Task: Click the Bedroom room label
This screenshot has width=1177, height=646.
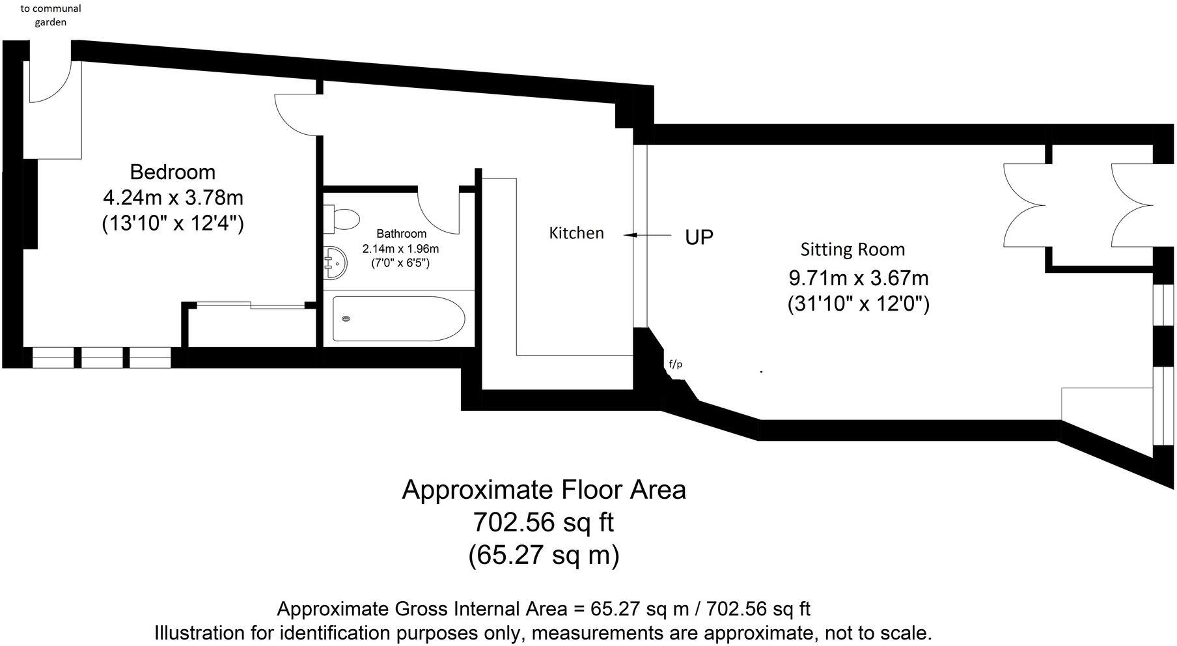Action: click(x=173, y=172)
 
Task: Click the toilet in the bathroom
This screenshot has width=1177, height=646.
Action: click(x=342, y=219)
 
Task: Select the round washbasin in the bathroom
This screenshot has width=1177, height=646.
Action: click(x=335, y=262)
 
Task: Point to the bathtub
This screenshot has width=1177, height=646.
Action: click(x=398, y=318)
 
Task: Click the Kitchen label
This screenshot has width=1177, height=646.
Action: click(x=576, y=233)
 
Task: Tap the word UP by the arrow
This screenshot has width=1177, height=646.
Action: click(x=699, y=237)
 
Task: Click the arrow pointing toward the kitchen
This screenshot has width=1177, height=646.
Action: click(x=647, y=235)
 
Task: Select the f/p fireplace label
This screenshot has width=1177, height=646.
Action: click(x=676, y=364)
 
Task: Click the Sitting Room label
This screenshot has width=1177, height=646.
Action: click(x=852, y=249)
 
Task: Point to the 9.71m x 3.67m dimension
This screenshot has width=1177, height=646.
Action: click(x=858, y=278)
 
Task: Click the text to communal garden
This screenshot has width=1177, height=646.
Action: click(x=51, y=15)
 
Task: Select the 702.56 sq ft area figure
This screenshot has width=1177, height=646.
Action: click(x=543, y=522)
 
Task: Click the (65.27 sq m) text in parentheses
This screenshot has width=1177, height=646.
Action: click(x=543, y=555)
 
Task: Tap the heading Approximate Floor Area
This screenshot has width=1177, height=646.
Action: click(x=544, y=490)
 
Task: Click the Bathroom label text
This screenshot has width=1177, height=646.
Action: click(x=401, y=234)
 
